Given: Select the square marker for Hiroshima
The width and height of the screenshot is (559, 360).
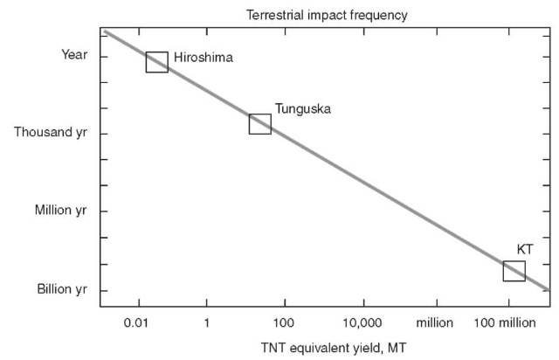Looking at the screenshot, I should [157, 61].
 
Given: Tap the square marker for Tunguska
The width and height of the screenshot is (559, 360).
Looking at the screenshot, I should [260, 124].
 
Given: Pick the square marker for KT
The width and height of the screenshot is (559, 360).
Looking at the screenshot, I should [514, 271].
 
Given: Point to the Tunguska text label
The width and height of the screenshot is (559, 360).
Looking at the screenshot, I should [303, 109].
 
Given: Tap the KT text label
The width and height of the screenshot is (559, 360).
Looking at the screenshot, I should [524, 249].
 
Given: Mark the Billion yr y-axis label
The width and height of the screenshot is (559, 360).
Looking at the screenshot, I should [61, 289].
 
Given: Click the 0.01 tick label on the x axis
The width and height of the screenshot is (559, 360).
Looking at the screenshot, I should [135, 322].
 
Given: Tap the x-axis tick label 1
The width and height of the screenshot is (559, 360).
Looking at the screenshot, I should [207, 322].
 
